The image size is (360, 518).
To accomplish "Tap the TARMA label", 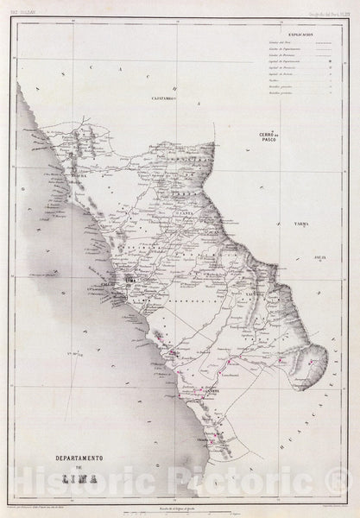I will (300, 199).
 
